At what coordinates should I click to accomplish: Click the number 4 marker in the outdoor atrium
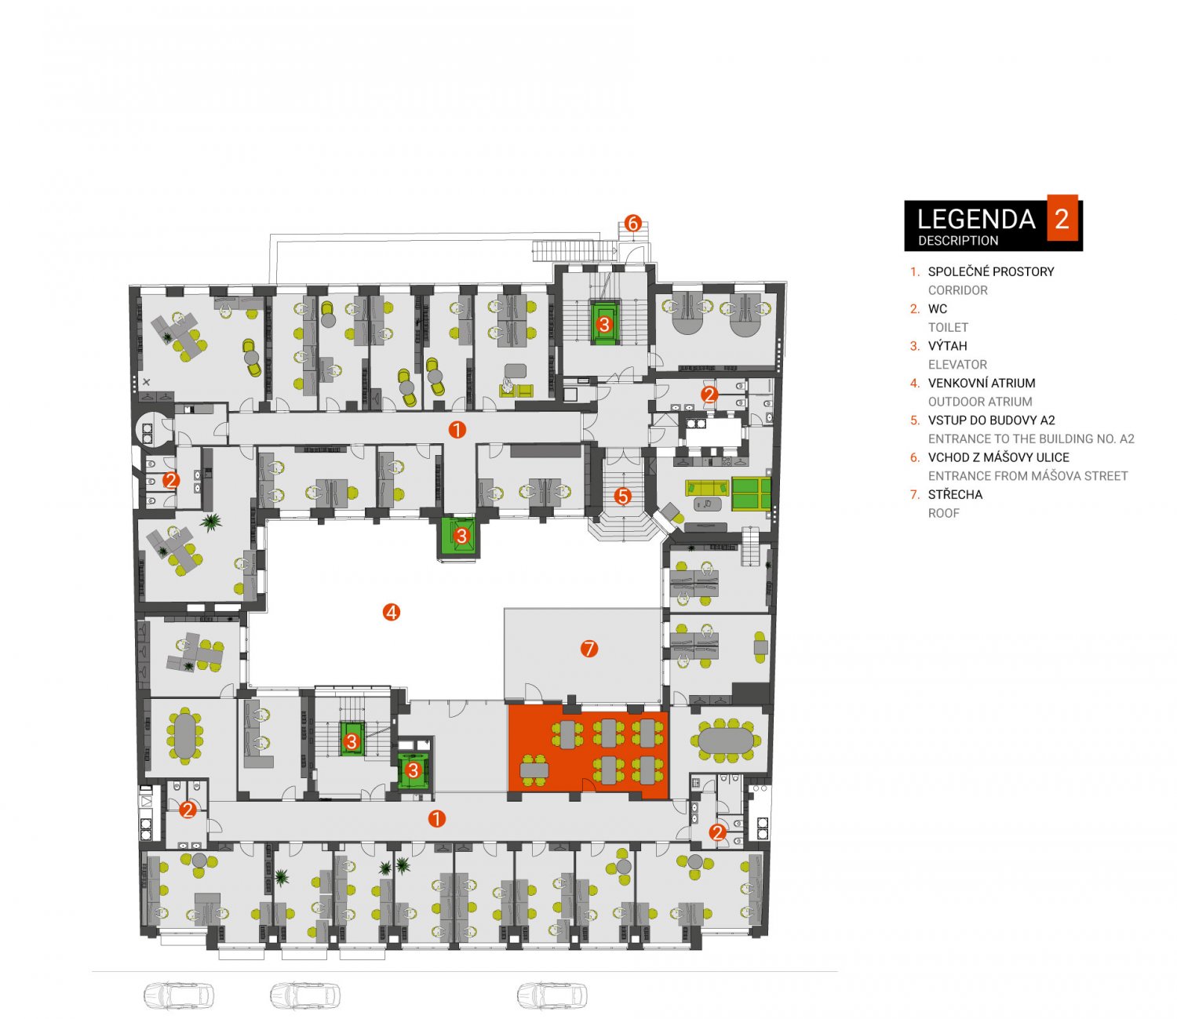click(x=392, y=612)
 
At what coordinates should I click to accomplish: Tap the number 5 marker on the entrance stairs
click(x=623, y=496)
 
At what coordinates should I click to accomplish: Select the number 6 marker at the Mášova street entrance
click(x=632, y=223)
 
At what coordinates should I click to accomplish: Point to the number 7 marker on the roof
click(x=588, y=649)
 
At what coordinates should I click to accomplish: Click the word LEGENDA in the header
click(x=976, y=219)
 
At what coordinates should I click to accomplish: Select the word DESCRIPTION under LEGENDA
click(x=958, y=241)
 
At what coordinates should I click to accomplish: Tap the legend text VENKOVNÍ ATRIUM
click(x=982, y=383)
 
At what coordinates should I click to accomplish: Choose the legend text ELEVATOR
click(x=957, y=364)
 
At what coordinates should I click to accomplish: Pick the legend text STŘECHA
click(x=955, y=494)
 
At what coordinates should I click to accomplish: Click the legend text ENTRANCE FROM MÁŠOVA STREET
click(x=1028, y=476)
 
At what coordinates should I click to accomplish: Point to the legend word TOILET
click(x=948, y=327)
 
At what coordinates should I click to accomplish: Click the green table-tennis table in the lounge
click(x=750, y=493)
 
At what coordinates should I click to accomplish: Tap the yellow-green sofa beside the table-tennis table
click(x=707, y=486)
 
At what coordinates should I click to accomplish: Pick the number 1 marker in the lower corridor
click(x=436, y=819)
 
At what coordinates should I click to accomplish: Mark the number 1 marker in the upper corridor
click(x=457, y=430)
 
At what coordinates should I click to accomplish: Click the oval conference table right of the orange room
click(x=726, y=740)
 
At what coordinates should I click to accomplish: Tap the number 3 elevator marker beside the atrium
click(x=461, y=535)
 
